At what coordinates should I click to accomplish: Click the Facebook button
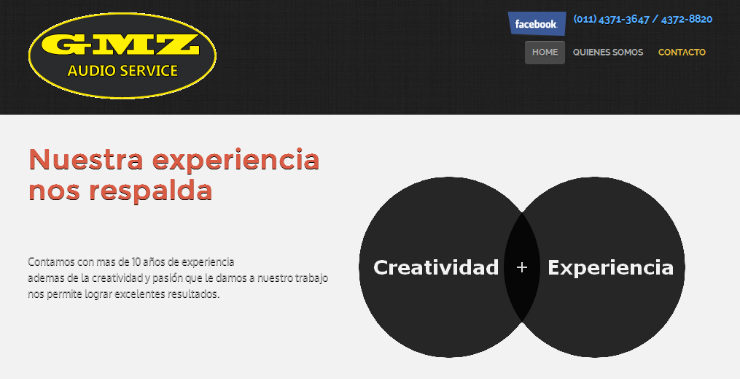coord(537,23)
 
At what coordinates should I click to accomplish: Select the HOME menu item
coord(545,53)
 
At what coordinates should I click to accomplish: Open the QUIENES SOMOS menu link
coord(608,53)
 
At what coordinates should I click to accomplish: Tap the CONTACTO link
coord(682,53)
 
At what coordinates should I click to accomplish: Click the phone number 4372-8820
coord(687,20)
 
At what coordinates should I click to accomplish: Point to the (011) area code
coord(585,20)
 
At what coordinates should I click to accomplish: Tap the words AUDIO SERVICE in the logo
coord(122,71)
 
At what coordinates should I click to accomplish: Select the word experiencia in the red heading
coord(236,161)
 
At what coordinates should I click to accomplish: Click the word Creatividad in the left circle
coord(436,267)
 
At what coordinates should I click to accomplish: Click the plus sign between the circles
coord(521,268)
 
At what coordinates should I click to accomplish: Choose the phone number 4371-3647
coord(624,20)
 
